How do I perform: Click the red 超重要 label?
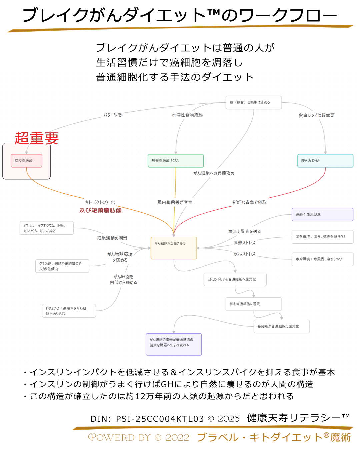click(x=37, y=138)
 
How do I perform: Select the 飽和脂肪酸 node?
click(x=26, y=161)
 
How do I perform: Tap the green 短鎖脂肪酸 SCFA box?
click(x=176, y=161)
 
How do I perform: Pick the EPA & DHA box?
click(x=325, y=161)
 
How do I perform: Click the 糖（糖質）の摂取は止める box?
click(x=253, y=103)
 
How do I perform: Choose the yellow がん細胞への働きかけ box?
click(x=174, y=248)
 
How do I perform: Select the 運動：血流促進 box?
click(x=322, y=214)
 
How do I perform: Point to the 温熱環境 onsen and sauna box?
click(x=322, y=237)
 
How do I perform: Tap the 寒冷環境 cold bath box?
click(x=322, y=259)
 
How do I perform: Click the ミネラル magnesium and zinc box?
click(x=46, y=228)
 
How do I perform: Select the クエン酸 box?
click(x=62, y=266)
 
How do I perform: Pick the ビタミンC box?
click(x=69, y=311)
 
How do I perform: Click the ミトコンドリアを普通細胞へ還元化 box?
click(x=235, y=279)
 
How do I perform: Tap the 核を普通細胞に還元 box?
click(x=253, y=304)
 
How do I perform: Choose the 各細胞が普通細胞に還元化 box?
click(x=281, y=326)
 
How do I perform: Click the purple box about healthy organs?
click(x=174, y=344)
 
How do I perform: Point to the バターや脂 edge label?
click(x=113, y=115)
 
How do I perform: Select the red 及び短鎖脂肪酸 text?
click(x=100, y=210)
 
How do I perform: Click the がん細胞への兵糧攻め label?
click(x=214, y=173)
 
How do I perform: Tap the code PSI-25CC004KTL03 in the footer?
click(x=160, y=419)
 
